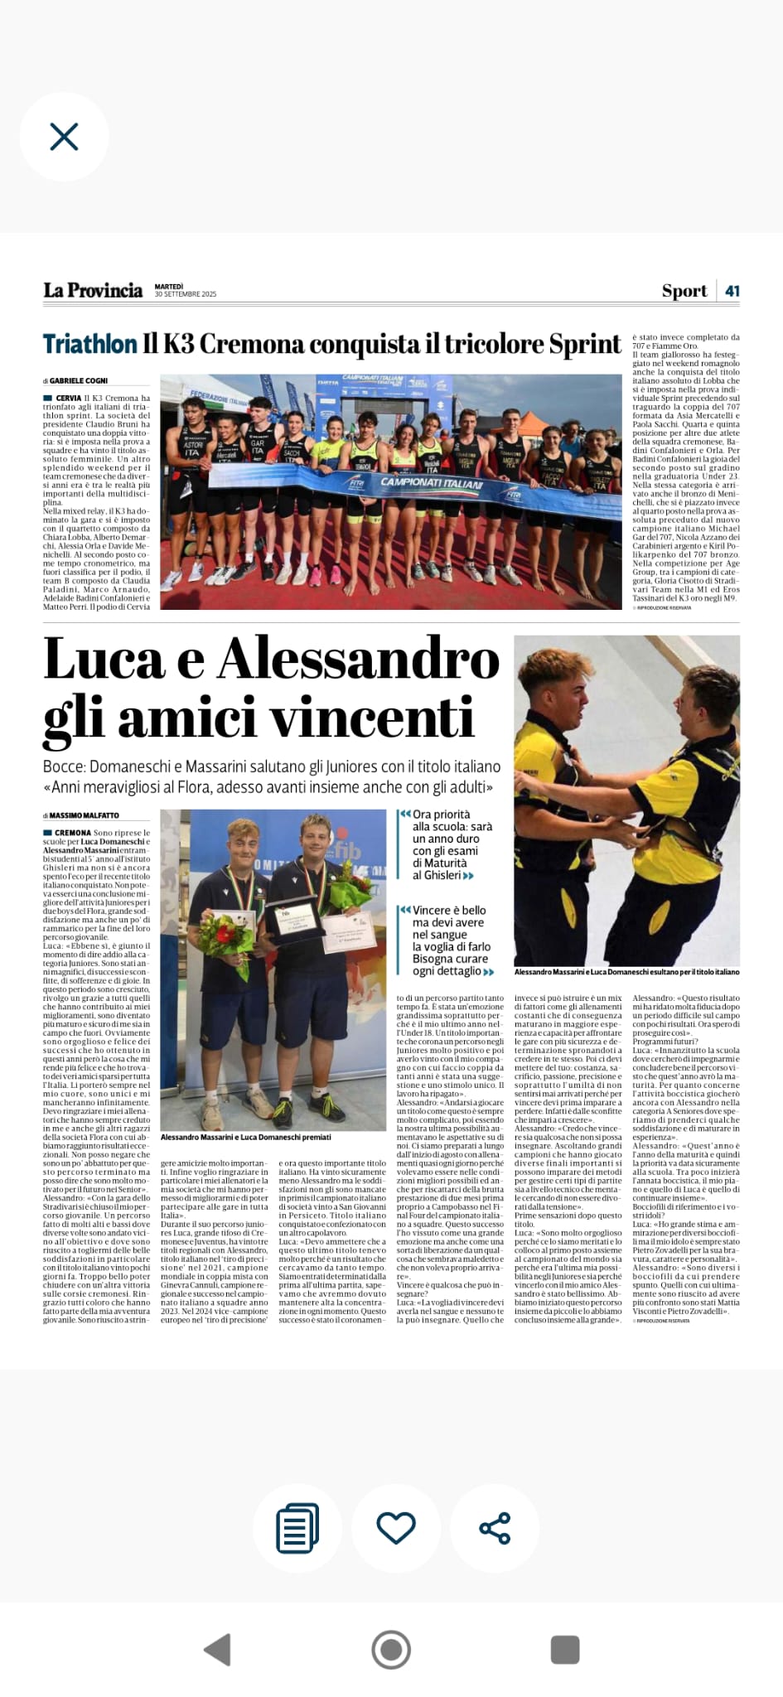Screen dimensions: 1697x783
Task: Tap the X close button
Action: [64, 137]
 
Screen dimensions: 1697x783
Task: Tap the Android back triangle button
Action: [218, 1650]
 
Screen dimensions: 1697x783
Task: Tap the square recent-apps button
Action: [565, 1649]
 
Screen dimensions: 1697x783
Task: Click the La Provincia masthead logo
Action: [93, 291]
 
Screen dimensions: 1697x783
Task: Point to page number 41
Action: [732, 291]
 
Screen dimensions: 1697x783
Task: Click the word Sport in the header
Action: [684, 291]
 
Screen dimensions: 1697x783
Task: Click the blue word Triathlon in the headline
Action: [89, 344]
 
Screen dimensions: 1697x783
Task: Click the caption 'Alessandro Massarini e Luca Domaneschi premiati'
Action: [245, 1138]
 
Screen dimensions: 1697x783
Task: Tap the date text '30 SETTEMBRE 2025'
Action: [186, 295]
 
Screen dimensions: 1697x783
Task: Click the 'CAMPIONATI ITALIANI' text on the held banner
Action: [431, 482]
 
